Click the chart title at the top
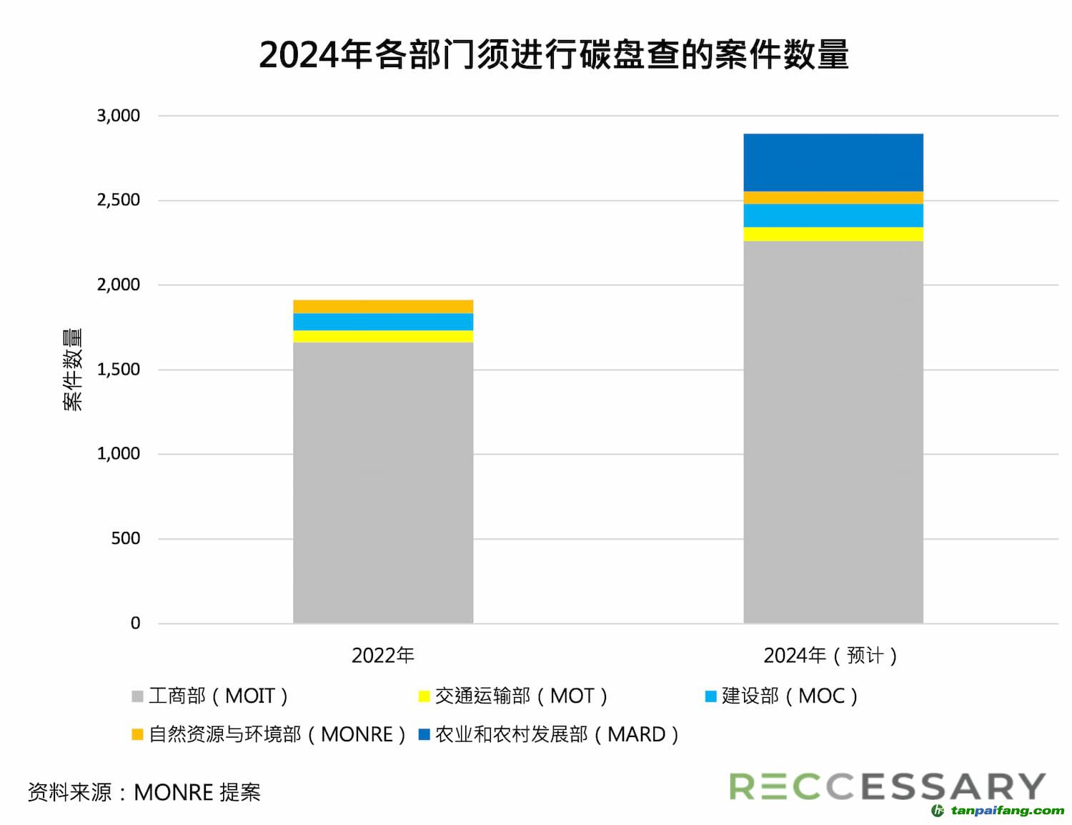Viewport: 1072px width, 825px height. coord(553,55)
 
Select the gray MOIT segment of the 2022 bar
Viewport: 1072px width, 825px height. coord(383,483)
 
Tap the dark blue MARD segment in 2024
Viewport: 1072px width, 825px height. coord(833,162)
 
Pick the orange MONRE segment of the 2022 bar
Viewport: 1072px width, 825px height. coord(383,307)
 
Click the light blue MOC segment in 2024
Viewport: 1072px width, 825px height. coord(833,215)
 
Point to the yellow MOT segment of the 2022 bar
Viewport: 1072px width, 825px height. coord(383,336)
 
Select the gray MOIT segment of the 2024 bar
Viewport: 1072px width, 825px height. coord(833,432)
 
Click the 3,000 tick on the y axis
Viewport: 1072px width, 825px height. coord(119,116)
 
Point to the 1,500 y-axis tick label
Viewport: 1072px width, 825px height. coord(119,370)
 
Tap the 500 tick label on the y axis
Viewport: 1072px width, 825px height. coord(125,538)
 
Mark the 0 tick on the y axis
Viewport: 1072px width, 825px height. coord(135,623)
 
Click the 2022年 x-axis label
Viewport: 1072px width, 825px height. coord(383,656)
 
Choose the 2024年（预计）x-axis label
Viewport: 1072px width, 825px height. coord(830,656)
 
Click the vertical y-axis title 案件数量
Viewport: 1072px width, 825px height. coord(73,369)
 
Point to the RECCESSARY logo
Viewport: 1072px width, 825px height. coord(887,786)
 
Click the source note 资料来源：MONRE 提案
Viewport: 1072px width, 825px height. coord(144,792)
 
